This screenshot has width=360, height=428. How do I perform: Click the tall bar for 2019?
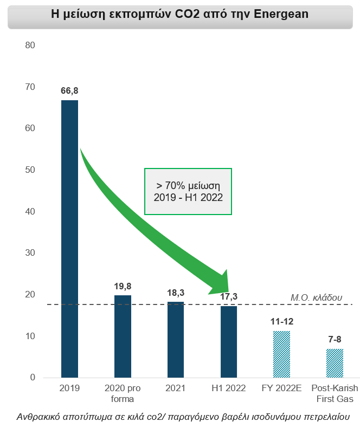(69, 238)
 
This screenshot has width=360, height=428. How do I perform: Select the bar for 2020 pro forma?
(123, 336)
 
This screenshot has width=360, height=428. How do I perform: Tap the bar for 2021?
(176, 339)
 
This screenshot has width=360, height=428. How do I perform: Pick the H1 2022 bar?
(229, 341)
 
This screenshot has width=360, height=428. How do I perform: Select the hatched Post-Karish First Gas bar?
(335, 363)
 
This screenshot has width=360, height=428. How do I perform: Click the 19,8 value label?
(123, 286)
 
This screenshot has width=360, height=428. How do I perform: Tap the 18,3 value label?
(176, 292)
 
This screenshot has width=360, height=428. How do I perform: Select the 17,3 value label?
(229, 296)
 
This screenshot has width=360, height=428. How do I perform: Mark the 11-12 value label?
(281, 321)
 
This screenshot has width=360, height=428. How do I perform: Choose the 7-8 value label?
(335, 339)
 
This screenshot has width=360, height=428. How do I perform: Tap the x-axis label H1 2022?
(229, 388)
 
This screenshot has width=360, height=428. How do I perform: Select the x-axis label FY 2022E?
(281, 388)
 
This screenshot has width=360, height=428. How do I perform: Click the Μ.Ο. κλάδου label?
(317, 297)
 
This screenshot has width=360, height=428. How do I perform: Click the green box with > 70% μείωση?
(188, 192)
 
